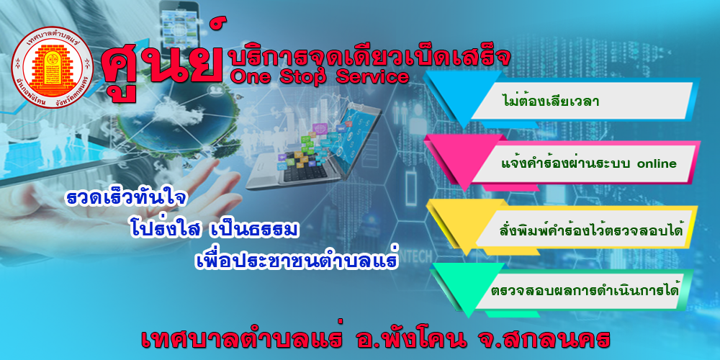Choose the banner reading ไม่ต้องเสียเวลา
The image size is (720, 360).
coord(550,102)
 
